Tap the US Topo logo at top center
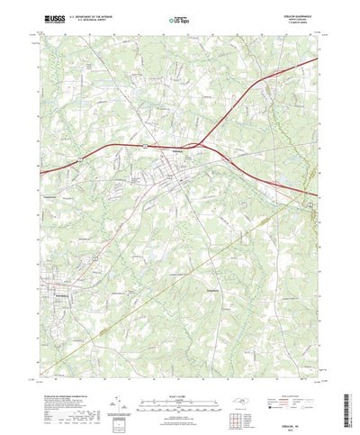180,18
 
